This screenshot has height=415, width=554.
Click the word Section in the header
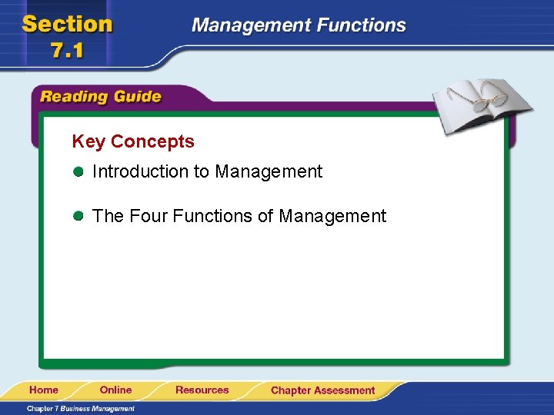(68, 24)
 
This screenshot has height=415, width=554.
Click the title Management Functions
(299, 25)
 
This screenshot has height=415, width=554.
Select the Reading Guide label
(101, 97)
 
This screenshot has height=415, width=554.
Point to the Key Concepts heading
(133, 141)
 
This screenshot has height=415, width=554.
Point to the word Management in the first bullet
(269, 172)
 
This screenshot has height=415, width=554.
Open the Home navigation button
(45, 390)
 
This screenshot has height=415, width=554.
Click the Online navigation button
(115, 390)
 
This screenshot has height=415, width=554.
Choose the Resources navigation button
(202, 390)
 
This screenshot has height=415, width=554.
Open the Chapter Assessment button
(322, 390)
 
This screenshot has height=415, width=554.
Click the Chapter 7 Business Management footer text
(81, 409)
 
